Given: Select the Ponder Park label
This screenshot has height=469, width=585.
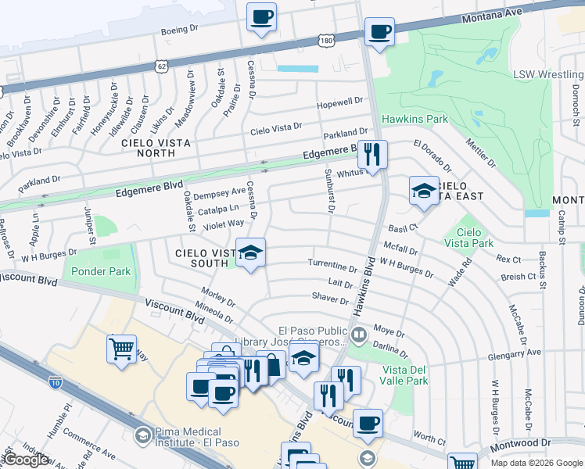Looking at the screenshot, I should (99, 272).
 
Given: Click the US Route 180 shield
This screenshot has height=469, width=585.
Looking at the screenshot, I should (326, 39).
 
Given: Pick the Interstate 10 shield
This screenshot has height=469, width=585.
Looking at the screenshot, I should (55, 382).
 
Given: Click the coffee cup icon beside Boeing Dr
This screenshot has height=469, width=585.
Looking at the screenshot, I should (261, 16).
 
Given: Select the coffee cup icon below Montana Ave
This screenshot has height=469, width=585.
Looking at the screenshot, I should (379, 33).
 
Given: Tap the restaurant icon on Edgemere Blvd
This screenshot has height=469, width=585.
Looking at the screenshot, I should (373, 154).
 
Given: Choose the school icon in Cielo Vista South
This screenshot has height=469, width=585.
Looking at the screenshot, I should (250, 252).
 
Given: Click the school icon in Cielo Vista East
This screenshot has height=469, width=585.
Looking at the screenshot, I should (423, 191).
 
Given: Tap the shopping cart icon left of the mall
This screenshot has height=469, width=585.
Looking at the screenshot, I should (121, 349).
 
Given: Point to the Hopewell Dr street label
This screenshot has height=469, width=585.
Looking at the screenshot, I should (340, 102).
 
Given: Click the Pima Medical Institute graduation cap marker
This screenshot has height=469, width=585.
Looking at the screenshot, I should (142, 435).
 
